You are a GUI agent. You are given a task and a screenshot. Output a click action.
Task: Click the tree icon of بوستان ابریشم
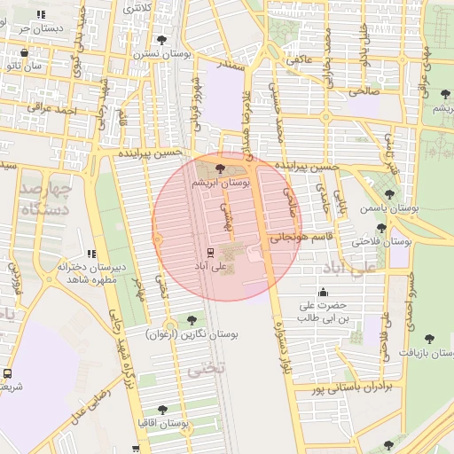pos(220,167)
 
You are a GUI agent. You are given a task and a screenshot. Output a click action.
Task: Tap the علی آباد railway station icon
pos(210,251)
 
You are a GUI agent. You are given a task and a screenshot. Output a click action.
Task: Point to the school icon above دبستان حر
pos(42,14)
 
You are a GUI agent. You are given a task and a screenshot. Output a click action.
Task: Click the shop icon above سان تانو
pos(24,52)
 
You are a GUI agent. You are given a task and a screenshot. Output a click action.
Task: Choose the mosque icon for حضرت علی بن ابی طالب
pos(323,293)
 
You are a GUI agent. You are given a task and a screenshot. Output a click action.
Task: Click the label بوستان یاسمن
pos(388,208)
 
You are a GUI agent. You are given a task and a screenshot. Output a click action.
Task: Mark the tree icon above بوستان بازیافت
pos(430,338)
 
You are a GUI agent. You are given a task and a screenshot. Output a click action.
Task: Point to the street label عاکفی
pos(297,60)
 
